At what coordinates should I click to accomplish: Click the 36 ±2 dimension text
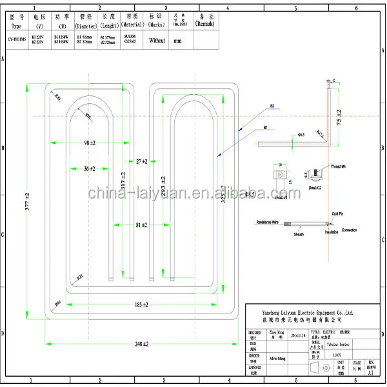(89, 168)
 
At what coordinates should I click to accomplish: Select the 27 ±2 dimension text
(141, 161)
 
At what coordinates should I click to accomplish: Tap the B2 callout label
(272, 105)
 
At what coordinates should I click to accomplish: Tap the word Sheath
(299, 235)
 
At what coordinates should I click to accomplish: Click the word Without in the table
(157, 40)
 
